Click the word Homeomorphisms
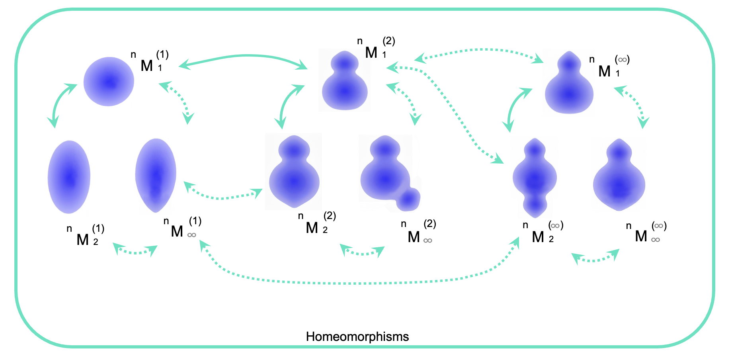(357, 337)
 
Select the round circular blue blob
(109, 82)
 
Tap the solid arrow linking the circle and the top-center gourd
(243, 57)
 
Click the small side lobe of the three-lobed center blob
(409, 199)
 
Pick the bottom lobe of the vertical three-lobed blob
(535, 205)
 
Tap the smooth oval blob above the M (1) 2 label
(69, 177)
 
